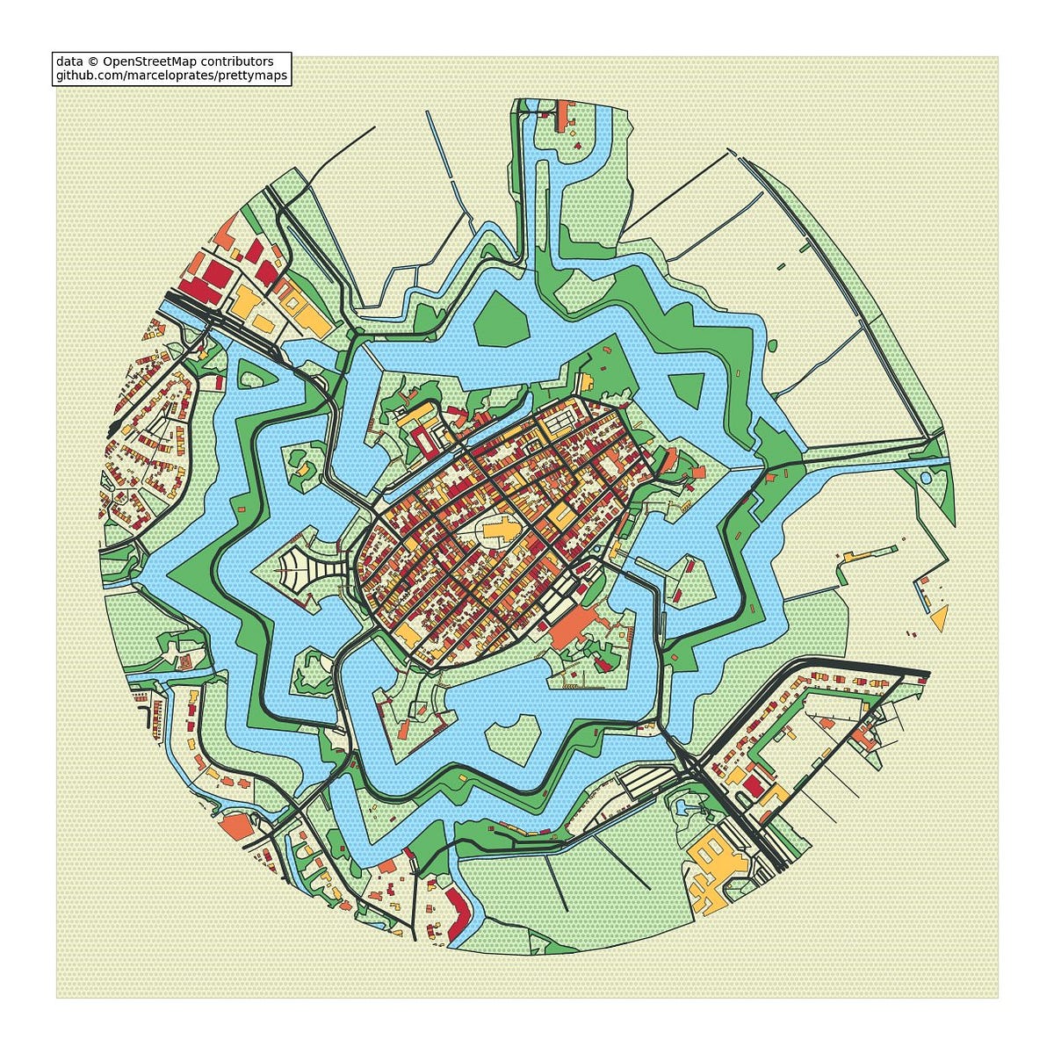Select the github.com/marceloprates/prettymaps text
click(171, 76)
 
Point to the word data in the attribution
click(69, 61)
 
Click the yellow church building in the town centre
click(500, 531)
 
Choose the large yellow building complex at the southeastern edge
click(716, 865)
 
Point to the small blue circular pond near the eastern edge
click(926, 479)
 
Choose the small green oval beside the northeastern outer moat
click(772, 345)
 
